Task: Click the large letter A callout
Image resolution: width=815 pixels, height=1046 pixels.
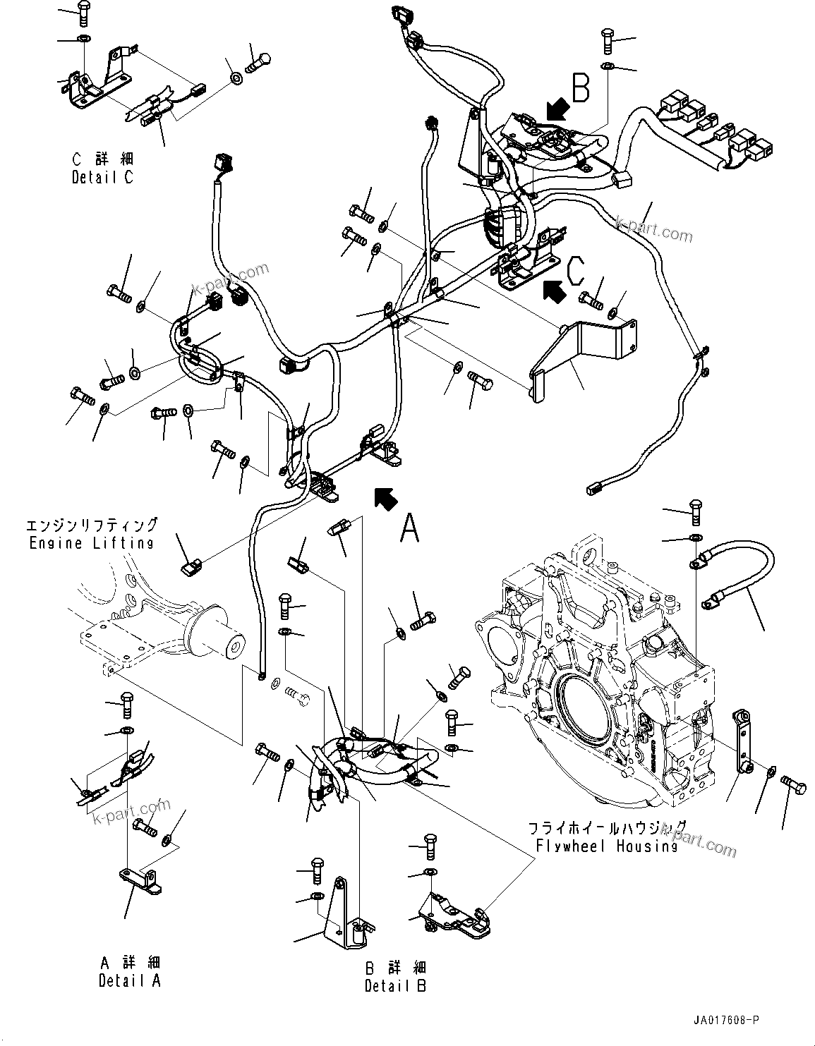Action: [409, 528]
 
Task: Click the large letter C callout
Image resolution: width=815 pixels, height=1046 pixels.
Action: [576, 268]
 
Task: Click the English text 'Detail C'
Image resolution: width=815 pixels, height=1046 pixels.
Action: [102, 178]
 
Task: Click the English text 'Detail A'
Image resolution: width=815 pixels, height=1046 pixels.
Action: [129, 980]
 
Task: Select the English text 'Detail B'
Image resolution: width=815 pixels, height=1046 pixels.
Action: [395, 985]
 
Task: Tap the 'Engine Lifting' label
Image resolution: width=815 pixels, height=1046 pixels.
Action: [92, 543]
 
